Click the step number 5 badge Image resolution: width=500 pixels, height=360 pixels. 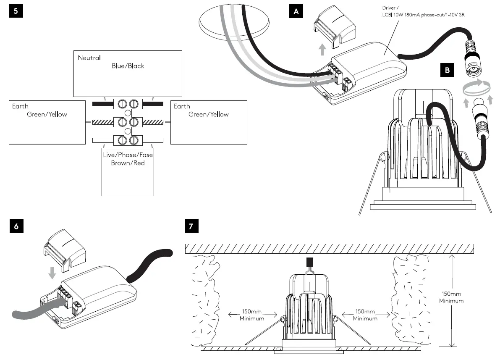pyautogui.click(x=16, y=11)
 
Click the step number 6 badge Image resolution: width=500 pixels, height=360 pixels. pyautogui.click(x=16, y=226)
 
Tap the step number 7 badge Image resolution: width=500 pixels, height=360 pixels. pyautogui.click(x=191, y=226)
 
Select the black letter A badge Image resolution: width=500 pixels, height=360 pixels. pyautogui.click(x=296, y=12)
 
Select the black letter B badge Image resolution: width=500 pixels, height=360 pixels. pyautogui.click(x=447, y=70)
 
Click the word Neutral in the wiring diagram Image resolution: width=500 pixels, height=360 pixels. pyautogui.click(x=89, y=58)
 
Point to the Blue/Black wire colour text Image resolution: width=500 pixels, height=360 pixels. pyautogui.click(x=128, y=66)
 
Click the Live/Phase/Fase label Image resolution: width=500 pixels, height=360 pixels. pyautogui.click(x=128, y=155)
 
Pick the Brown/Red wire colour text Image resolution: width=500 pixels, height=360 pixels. pyautogui.click(x=128, y=163)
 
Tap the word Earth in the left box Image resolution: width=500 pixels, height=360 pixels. pyautogui.click(x=20, y=106)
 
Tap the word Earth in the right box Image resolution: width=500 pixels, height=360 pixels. pyautogui.click(x=182, y=106)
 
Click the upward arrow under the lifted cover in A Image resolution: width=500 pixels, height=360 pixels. pyautogui.click(x=322, y=50)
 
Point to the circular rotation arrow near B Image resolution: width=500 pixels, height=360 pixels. pyautogui.click(x=476, y=89)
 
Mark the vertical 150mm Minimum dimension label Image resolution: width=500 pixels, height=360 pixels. pyautogui.click(x=451, y=297)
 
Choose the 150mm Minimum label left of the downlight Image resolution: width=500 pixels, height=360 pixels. pyautogui.click(x=252, y=315)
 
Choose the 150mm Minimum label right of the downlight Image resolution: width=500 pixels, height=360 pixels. pyautogui.click(x=365, y=315)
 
